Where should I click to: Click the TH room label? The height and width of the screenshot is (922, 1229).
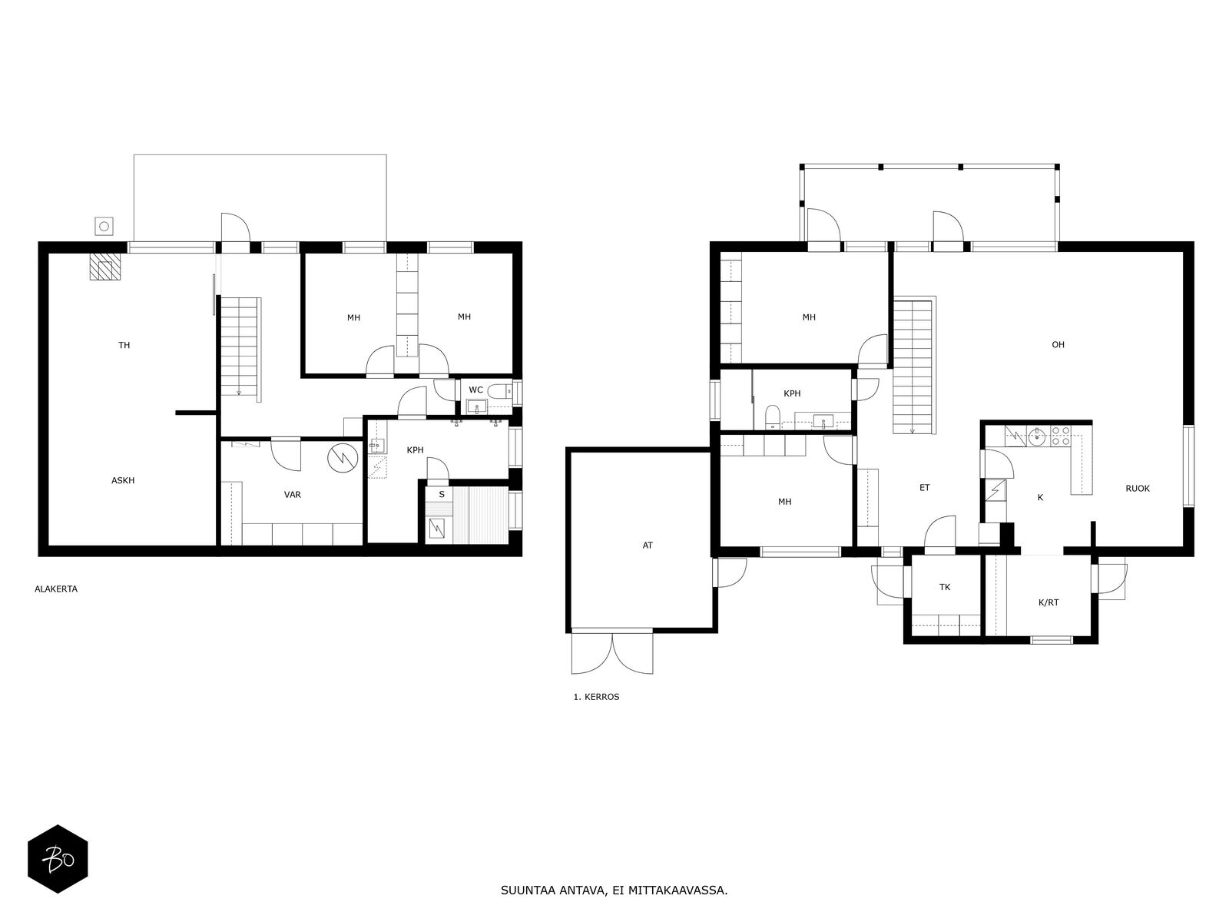[x=124, y=346]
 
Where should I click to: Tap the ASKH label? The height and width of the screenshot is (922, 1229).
[x=123, y=480]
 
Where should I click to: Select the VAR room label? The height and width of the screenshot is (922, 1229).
[x=293, y=495]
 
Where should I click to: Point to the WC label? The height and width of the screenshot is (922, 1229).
[x=476, y=390]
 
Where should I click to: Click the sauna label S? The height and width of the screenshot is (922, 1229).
[x=442, y=494]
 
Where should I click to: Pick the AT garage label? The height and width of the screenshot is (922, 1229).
[x=648, y=546]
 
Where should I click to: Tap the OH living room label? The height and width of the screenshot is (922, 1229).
[x=1058, y=345]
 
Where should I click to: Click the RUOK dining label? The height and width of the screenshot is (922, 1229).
[x=1138, y=489]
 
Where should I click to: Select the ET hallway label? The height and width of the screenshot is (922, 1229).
[x=924, y=488]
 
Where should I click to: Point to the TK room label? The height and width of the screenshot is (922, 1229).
[x=945, y=587]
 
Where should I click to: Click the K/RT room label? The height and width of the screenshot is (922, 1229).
[x=1048, y=603]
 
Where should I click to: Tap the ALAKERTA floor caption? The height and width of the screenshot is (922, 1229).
[x=56, y=589]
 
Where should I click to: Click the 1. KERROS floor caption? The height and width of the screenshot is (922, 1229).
[x=596, y=697]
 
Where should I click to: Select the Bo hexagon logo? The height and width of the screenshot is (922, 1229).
[x=58, y=859]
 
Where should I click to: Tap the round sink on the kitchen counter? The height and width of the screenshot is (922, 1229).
[x=1038, y=437]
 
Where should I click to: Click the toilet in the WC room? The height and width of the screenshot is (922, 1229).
[x=499, y=390]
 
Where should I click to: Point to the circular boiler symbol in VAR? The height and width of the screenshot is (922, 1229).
[x=343, y=459]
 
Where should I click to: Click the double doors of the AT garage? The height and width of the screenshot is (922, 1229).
[x=612, y=652]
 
